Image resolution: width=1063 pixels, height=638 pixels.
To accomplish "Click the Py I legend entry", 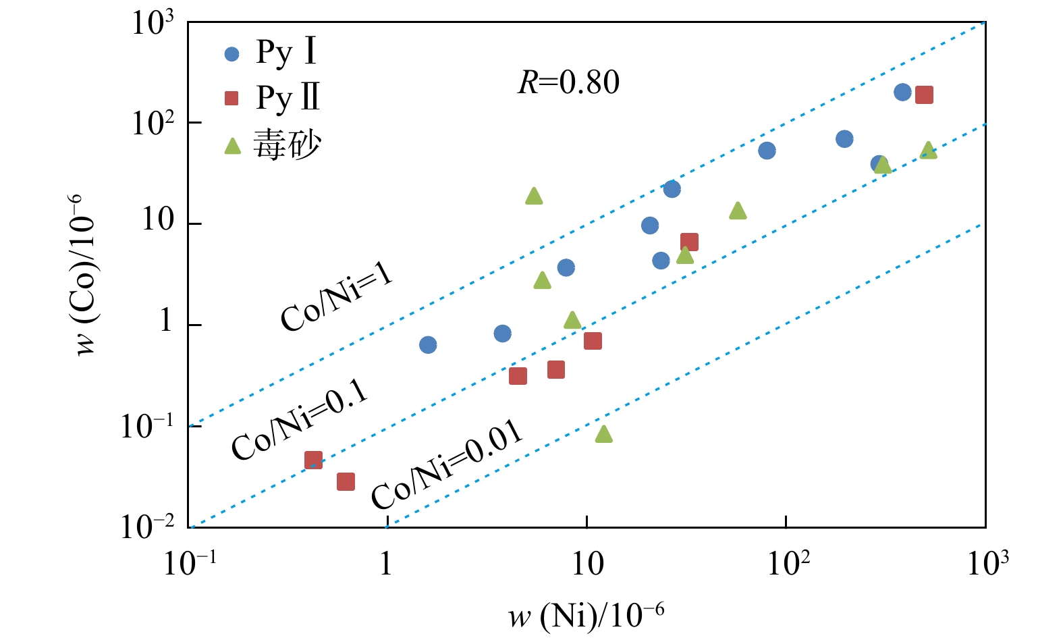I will [x=270, y=53].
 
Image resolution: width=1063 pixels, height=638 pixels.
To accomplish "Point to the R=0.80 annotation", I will [x=568, y=82].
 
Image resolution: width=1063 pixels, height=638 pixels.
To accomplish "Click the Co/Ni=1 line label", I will [x=337, y=298].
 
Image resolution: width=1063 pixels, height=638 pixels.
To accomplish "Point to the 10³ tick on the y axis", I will [x=153, y=24].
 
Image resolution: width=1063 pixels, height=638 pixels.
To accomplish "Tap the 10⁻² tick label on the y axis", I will [x=147, y=527].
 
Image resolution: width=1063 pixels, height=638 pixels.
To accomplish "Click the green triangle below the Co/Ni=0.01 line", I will [x=604, y=434].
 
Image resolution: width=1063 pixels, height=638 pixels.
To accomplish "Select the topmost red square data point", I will [x=924, y=95].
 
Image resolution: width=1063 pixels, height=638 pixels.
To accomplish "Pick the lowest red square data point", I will [x=346, y=481].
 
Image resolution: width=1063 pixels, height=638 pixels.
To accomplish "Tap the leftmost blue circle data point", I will [x=428, y=345].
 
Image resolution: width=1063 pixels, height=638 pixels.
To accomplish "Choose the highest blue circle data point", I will [x=902, y=92].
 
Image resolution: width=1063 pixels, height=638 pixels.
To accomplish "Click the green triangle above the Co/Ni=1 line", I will [x=534, y=196].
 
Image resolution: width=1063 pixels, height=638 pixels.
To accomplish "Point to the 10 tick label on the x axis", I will [x=587, y=563].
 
